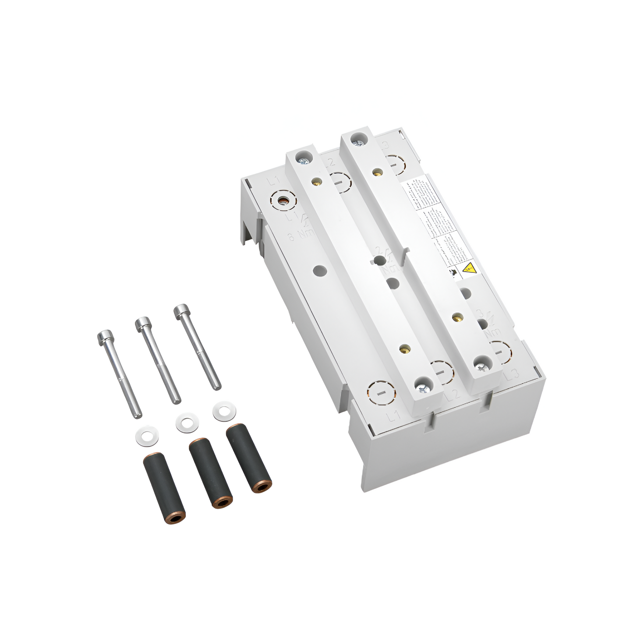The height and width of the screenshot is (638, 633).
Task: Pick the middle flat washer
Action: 187,423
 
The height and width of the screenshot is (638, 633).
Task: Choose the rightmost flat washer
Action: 224,411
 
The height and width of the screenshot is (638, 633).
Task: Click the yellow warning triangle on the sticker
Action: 469,267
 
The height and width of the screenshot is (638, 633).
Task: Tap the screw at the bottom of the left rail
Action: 422,387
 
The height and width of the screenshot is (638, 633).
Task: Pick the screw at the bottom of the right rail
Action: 481,365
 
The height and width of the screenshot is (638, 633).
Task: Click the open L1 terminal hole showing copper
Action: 284,201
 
